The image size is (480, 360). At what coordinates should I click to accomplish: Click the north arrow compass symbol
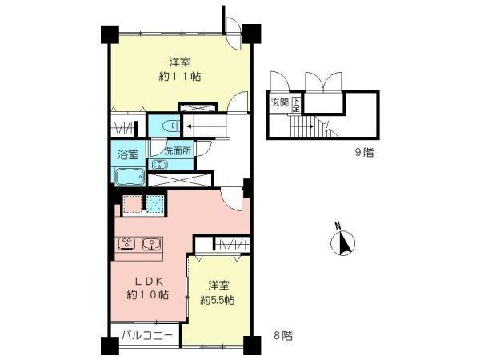pyautogui.click(x=344, y=241)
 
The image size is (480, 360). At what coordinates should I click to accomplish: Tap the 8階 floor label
pyautogui.click(x=281, y=337)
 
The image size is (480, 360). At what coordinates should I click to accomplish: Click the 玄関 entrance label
pyautogui.click(x=278, y=102)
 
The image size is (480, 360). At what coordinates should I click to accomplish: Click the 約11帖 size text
pyautogui.click(x=179, y=77)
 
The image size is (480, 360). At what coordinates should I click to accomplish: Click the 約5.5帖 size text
pyautogui.click(x=217, y=300)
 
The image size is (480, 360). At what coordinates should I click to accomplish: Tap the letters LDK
pyautogui.click(x=148, y=281)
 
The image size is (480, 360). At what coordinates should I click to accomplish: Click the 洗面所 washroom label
pyautogui.click(x=178, y=150)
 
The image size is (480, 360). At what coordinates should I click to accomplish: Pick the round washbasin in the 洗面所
pyautogui.click(x=159, y=164)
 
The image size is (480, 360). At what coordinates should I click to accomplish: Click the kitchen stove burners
pyautogui.click(x=126, y=244)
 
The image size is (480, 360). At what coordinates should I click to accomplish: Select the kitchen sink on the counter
pyautogui.click(x=150, y=244)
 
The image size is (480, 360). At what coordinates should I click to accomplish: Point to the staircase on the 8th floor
pyautogui.click(x=206, y=126)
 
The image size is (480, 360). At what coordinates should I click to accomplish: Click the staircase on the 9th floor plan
pyautogui.click(x=304, y=126)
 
